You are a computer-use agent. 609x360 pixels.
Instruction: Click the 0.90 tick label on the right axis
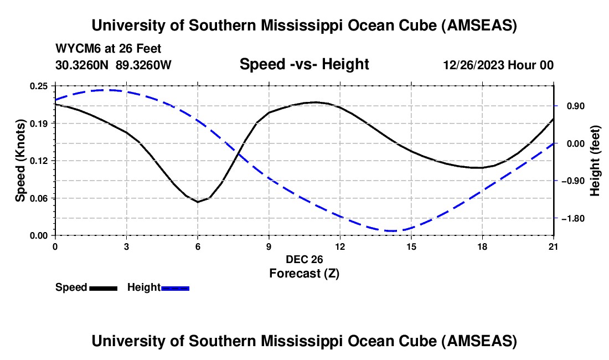coord(572,106)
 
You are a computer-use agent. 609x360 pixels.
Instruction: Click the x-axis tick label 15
coord(411,246)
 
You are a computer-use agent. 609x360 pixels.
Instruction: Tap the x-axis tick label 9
coord(269,246)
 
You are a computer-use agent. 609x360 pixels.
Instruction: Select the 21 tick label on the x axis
coord(554,246)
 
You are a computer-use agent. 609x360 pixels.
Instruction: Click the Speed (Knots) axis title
coord(20,161)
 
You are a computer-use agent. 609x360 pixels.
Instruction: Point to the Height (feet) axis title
coord(595,161)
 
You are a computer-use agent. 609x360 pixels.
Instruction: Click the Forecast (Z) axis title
coord(304,273)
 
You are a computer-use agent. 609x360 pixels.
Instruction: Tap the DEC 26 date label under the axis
coord(304,259)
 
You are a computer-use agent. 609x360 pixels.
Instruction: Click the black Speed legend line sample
coord(104,287)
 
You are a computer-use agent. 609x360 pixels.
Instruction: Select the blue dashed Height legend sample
coord(176,287)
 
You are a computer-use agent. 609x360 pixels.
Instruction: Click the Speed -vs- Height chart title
coord(304,64)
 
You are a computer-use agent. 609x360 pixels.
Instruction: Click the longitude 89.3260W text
coord(143,65)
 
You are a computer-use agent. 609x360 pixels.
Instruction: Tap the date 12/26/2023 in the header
coord(473,65)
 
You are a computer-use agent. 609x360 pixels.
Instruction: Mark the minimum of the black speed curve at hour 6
coord(198,202)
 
